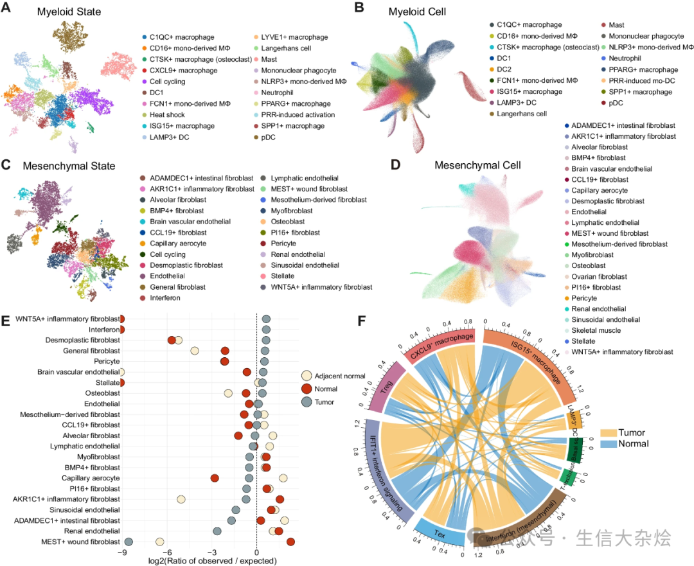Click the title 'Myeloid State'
click(69, 12)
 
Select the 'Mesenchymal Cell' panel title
click(477, 165)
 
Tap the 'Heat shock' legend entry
click(168, 114)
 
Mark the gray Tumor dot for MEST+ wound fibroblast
click(129, 542)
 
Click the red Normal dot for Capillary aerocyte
click(215, 478)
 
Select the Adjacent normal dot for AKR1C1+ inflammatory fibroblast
click(181, 499)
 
